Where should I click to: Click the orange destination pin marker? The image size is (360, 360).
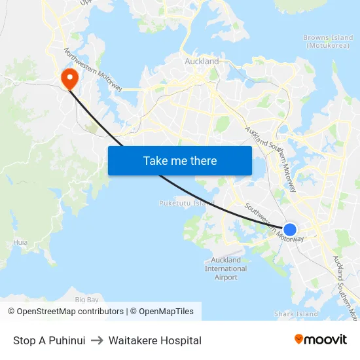click(69, 79)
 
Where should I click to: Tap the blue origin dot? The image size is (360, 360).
click(290, 229)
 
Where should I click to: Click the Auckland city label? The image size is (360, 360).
click(202, 62)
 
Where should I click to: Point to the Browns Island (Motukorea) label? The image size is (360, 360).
click(328, 42)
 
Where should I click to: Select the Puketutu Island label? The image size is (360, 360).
click(187, 203)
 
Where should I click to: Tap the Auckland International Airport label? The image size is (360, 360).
click(226, 268)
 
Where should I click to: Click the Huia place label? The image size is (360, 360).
click(20, 242)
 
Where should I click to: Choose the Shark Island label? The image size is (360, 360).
click(296, 314)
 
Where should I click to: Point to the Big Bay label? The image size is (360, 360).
click(87, 299)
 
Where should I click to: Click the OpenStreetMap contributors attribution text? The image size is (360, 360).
click(65, 312)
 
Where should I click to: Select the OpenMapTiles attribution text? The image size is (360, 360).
click(166, 312)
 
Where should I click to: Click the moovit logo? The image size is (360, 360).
click(320, 339)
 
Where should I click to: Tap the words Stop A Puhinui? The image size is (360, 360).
click(49, 340)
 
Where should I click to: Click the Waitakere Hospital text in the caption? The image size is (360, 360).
click(155, 340)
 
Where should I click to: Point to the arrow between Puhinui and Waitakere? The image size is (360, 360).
click(97, 340)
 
